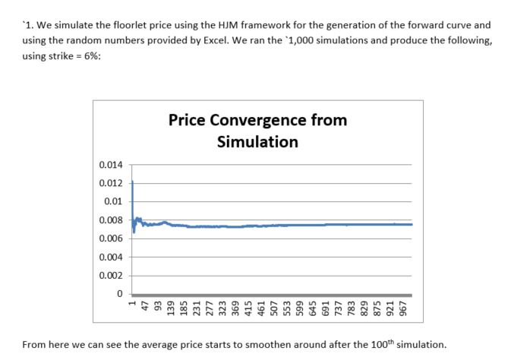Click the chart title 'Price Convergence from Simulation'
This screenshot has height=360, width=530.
coord(257,131)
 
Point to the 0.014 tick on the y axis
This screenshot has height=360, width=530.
coord(111,165)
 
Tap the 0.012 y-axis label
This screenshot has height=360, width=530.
coord(111,183)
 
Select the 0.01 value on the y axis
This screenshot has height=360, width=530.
coord(113,202)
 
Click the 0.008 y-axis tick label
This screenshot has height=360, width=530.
coord(111,220)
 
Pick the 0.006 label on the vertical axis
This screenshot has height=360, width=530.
coord(111,238)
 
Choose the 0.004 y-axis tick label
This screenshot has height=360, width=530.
coord(111,257)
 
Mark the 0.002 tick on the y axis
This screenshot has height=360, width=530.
coord(111,276)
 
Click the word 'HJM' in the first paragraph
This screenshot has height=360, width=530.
coord(227,26)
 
